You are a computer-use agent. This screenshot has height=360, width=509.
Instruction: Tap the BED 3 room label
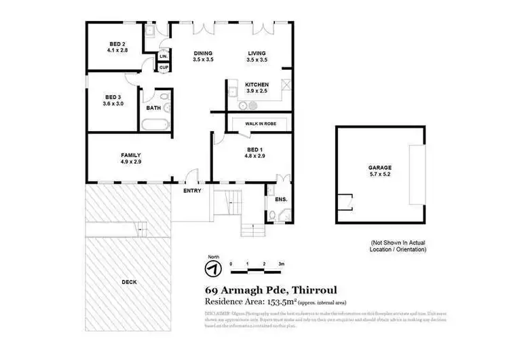113,100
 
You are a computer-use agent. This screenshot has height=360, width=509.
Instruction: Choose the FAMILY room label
130,158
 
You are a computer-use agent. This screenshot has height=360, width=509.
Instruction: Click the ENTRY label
192,191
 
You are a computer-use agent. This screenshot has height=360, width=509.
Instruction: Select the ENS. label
280,200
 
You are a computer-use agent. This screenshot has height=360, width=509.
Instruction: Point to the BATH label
153,107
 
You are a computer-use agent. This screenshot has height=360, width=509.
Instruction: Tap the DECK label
129,282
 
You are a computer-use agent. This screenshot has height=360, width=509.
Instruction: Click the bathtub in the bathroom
155,124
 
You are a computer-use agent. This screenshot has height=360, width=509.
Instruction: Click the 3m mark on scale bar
280,262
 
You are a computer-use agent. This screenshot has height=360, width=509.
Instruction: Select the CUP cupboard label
164,67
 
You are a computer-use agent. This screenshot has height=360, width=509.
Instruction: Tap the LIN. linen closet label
163,56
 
